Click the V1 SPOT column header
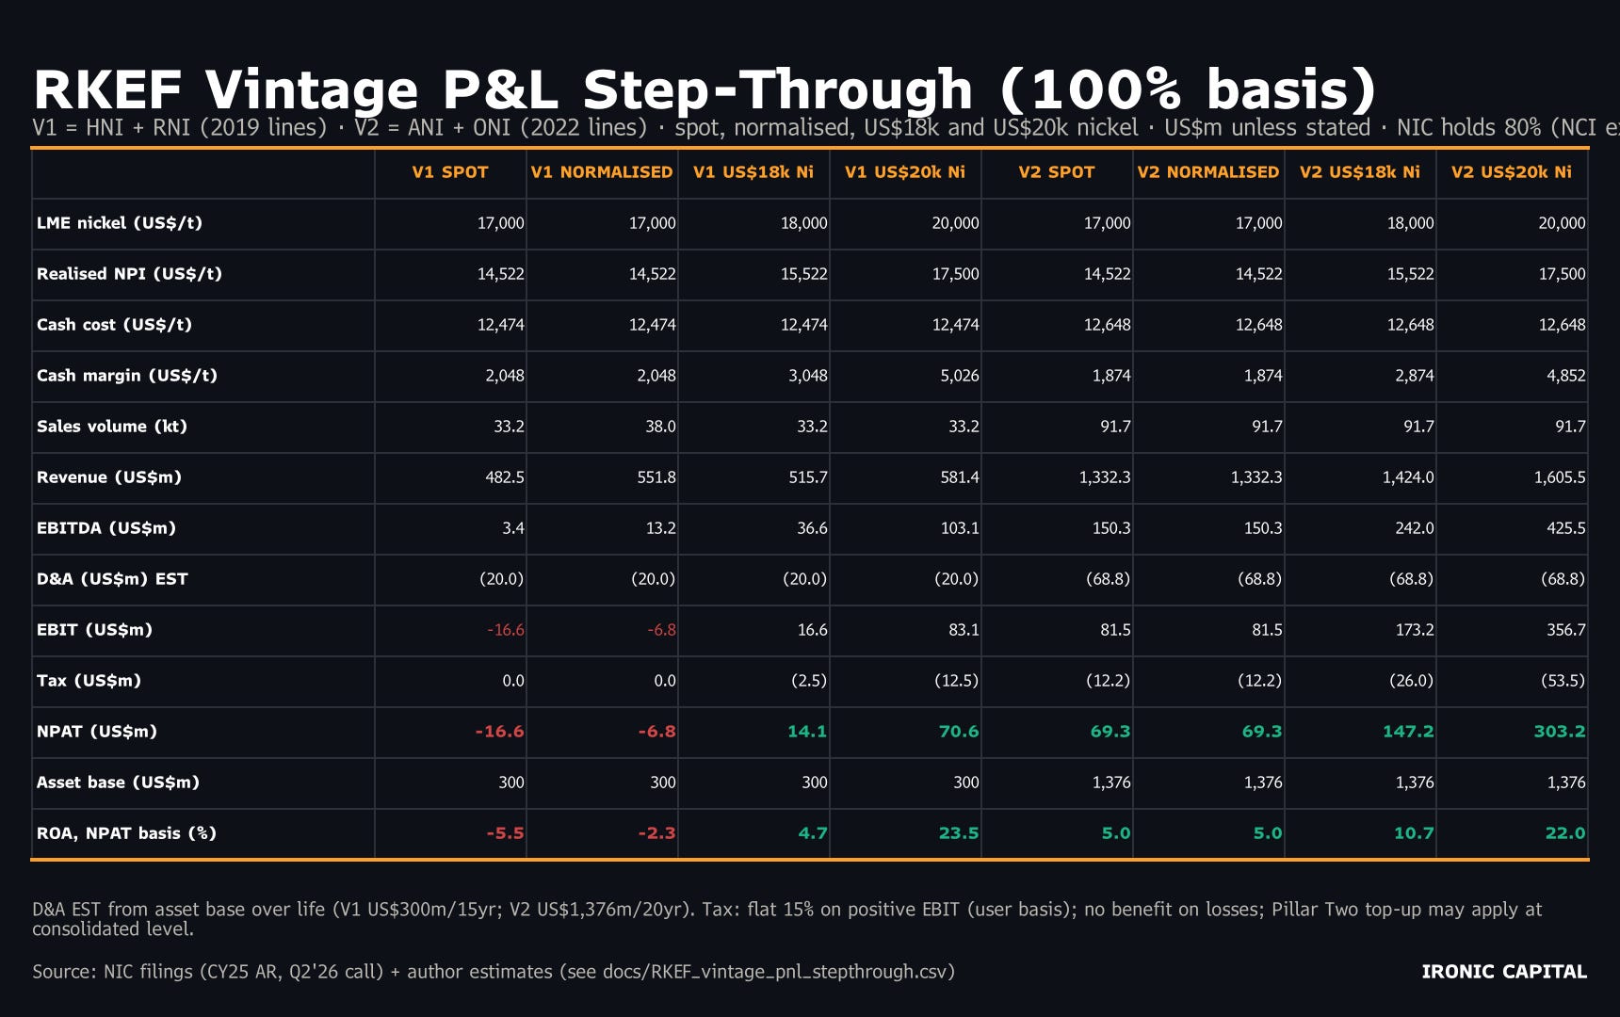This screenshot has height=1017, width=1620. pos(450,172)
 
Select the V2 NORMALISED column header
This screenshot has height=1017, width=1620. pos(1208,172)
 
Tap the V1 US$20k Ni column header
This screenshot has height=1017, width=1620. pos(905,172)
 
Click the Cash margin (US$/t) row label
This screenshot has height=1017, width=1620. pos(127,376)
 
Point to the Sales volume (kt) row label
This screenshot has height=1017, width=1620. pos(112,427)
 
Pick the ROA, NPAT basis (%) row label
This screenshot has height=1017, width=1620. pos(126,833)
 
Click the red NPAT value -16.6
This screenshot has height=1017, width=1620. pos(499,732)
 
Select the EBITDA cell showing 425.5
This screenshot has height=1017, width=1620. pos(1565,528)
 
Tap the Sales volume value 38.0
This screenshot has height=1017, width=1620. pos(660,427)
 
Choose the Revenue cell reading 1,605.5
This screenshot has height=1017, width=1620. pos(1560,477)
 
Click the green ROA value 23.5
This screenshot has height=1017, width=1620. pos(959,833)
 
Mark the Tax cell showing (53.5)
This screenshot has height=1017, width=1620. pos(1562,681)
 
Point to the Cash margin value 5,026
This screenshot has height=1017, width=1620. pos(960,376)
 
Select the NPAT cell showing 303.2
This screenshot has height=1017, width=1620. pos(1560,732)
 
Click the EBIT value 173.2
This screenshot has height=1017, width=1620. pos(1415,630)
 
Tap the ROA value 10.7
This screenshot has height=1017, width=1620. pos(1414,833)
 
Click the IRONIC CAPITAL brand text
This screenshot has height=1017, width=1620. pos(1504,972)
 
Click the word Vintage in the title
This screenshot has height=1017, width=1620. pos(312,90)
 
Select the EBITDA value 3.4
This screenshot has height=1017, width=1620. pos(513,528)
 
